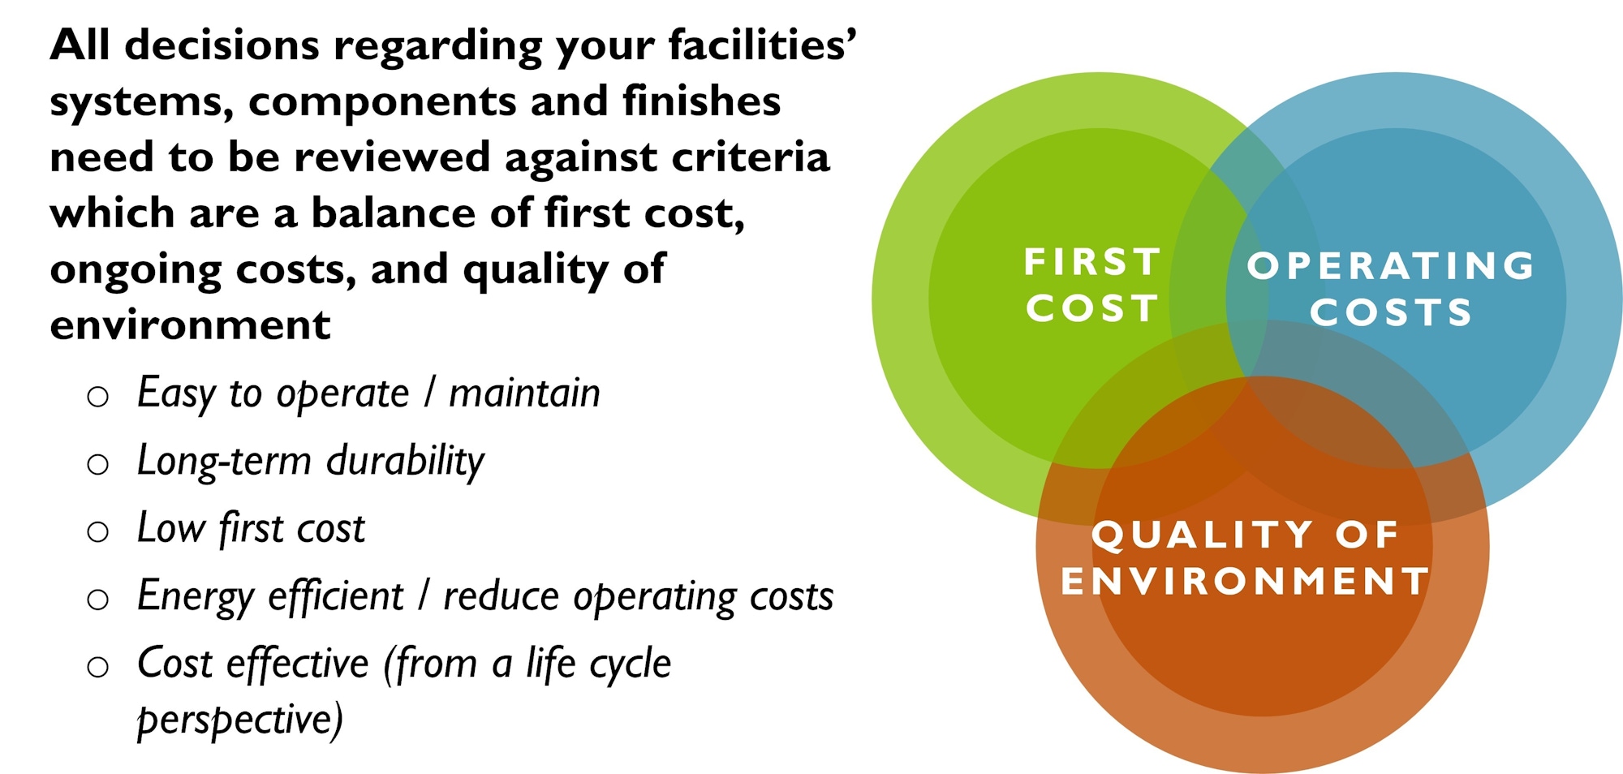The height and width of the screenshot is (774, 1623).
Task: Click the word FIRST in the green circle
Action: [1091, 262]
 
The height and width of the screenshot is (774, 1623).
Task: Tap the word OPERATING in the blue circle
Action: [1391, 266]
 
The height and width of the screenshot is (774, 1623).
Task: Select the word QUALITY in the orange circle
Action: [1203, 535]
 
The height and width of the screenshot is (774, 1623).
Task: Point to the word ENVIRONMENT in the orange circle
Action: [1245, 582]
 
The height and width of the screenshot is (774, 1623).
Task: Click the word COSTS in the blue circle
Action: [1391, 313]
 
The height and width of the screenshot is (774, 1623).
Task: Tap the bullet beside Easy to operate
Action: [98, 397]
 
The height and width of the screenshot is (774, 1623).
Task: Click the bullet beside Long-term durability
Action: [98, 464]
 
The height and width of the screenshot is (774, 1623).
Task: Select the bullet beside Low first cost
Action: [98, 531]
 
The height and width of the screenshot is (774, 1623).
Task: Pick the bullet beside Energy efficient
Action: [98, 600]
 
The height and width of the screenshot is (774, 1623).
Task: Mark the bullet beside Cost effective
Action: [98, 667]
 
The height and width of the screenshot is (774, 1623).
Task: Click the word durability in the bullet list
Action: [405, 461]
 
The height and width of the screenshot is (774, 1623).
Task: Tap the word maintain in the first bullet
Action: [524, 393]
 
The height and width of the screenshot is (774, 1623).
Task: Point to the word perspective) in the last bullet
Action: [240, 720]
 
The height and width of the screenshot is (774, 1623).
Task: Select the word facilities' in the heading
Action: [762, 45]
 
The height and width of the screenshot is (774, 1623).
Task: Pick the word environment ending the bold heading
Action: [190, 325]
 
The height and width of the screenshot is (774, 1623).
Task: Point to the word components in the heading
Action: [381, 102]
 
